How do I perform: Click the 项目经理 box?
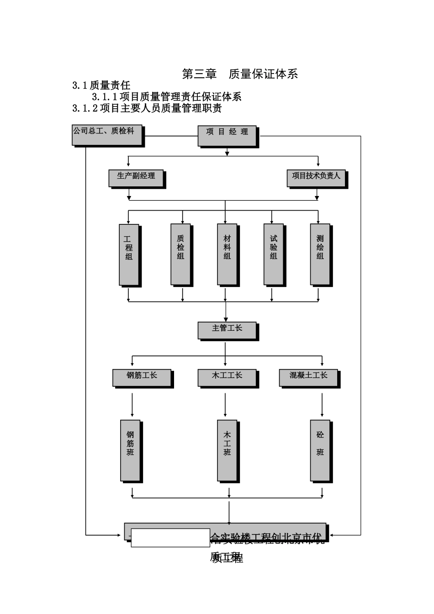point(227,136)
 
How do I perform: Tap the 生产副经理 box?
point(136,178)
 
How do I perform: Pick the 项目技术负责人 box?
point(316,178)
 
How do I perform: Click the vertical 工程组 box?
point(129,254)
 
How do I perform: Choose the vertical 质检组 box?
point(180,254)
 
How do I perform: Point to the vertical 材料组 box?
point(227,254)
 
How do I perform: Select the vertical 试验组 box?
point(273,254)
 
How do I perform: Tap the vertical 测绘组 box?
point(320,254)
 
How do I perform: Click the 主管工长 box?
point(227,330)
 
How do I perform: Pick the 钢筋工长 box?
point(142,377)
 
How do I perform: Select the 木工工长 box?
point(227,377)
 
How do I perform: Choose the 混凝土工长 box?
point(308,377)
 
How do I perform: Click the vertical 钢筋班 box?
point(130,450)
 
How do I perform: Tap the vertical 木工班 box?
point(227,450)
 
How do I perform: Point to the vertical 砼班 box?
point(320,450)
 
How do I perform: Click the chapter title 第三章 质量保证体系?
point(240,74)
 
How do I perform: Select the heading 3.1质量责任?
point(101,85)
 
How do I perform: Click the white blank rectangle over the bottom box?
point(170,538)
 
